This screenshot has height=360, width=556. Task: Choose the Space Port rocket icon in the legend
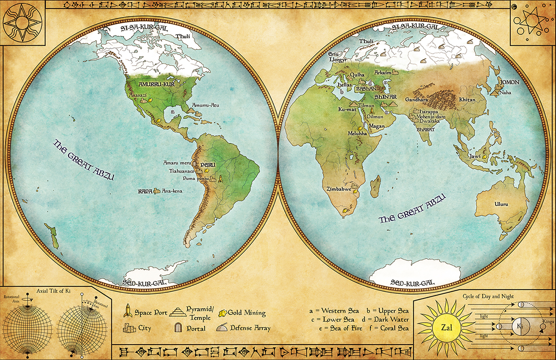[127, 311]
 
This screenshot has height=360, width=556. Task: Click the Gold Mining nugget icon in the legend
[222, 313]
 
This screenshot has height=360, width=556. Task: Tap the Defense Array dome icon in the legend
[222, 328]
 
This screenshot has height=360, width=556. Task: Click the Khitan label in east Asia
[467, 100]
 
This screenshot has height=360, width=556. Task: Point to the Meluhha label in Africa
[358, 133]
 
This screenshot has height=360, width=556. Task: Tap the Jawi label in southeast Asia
[474, 156]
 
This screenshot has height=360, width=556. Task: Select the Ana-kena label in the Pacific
[172, 191]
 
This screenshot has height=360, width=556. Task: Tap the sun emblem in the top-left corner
[22, 22]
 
